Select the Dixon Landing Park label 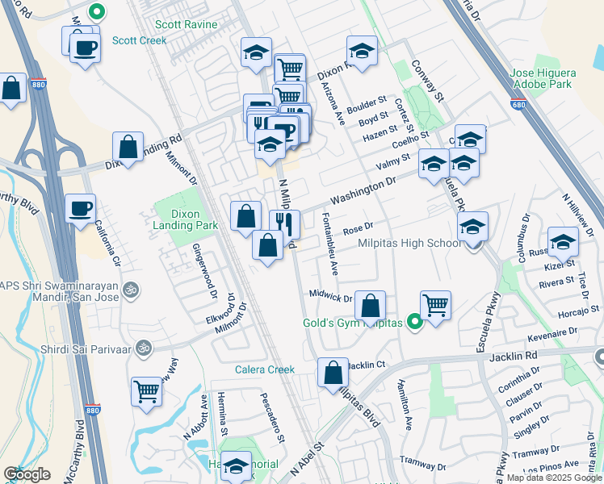(x=186, y=219)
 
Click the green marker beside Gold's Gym (x=415, y=323)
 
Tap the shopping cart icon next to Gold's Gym (x=435, y=306)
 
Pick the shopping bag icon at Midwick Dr (x=370, y=306)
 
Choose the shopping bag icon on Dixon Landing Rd (x=128, y=148)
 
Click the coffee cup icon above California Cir (x=81, y=209)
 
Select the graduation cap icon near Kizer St (x=563, y=241)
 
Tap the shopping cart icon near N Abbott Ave (x=147, y=391)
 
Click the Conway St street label (x=428, y=81)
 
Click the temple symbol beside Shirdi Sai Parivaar (x=145, y=349)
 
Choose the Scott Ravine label (x=187, y=24)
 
